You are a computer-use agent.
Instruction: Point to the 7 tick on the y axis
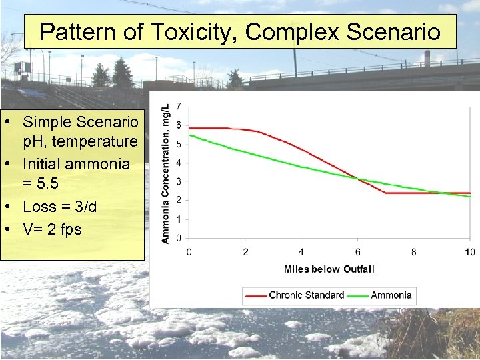point(178,107)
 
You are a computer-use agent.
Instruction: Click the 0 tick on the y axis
point(178,238)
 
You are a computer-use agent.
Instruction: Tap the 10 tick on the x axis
point(469,252)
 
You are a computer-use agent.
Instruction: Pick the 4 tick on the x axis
point(301,252)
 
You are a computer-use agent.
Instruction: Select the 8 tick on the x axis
point(413,252)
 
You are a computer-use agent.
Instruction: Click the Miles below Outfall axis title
point(329,269)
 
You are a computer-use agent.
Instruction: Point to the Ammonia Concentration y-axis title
point(165,172)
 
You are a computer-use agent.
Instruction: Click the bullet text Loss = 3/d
point(59,207)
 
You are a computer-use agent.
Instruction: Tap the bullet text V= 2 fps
point(52,229)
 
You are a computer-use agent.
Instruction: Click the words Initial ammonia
point(76,164)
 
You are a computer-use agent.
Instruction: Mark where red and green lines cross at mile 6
point(359,179)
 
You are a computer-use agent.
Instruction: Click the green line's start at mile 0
point(189,135)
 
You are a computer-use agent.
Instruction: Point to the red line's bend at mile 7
point(386,193)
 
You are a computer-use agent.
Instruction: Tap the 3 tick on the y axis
point(178,181)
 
